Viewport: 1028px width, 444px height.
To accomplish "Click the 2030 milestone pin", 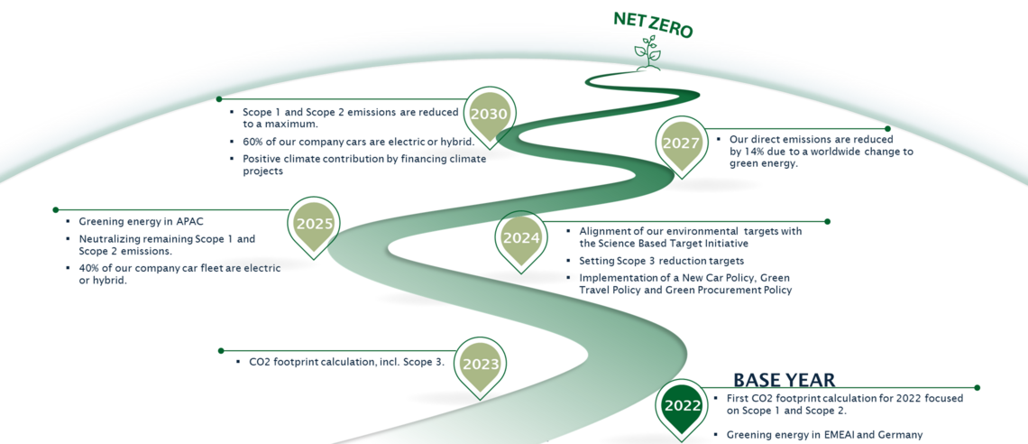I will (x=489, y=115).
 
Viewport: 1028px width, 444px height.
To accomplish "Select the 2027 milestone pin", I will (x=681, y=143).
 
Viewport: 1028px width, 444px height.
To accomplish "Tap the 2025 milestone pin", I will (x=314, y=225).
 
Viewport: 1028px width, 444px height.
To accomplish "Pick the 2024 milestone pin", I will (x=521, y=238).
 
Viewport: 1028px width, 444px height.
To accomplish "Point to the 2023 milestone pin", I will (x=480, y=365).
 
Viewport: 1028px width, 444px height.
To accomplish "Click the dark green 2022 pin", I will (x=682, y=405).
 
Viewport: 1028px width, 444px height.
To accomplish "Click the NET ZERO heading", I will (x=653, y=24).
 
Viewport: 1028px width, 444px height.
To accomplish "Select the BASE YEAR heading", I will (x=784, y=380).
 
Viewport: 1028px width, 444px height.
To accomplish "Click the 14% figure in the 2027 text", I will (x=755, y=152).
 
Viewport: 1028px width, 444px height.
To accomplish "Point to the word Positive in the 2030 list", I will (x=263, y=159).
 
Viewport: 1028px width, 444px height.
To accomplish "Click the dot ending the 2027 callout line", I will (x=887, y=129).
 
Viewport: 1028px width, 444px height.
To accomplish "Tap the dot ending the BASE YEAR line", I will (x=978, y=388).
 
